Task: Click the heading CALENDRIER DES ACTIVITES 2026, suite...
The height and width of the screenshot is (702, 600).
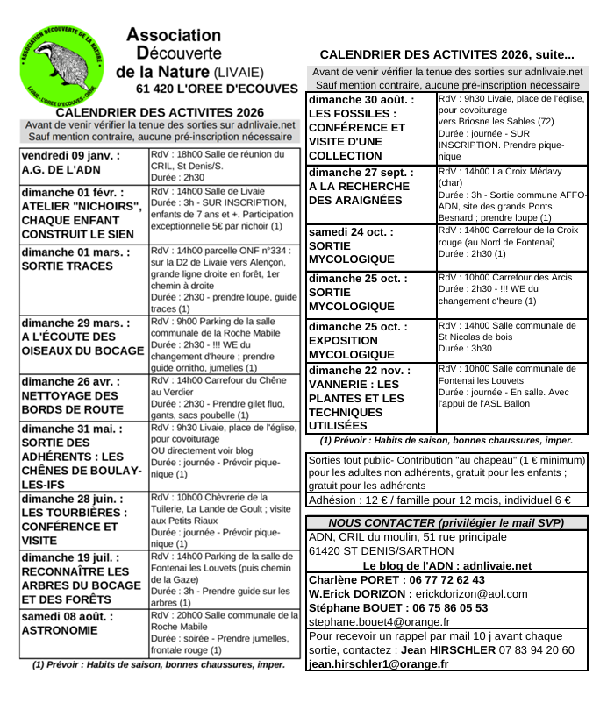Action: pos(447,54)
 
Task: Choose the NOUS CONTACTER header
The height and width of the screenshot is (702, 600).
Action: pos(446,522)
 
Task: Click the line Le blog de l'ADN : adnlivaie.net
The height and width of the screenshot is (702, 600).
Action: pos(446,565)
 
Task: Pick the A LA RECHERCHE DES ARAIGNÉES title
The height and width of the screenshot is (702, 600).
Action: pos(361,194)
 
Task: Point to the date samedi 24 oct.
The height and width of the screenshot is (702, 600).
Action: pos(352,232)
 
